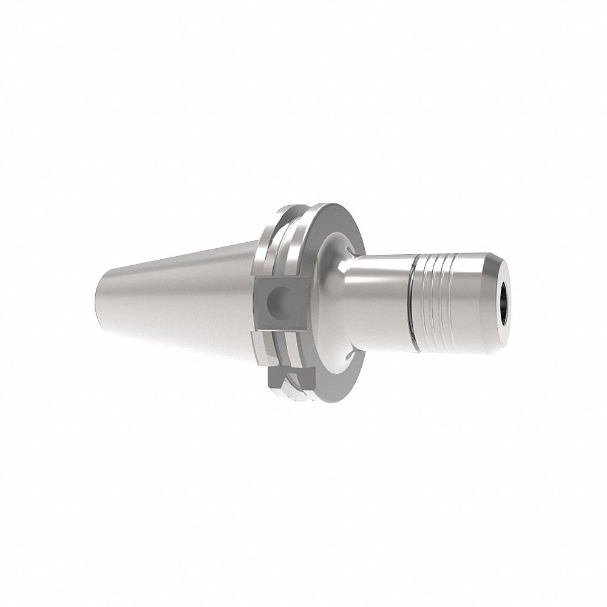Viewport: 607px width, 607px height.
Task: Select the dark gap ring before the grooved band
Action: point(413,303)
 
